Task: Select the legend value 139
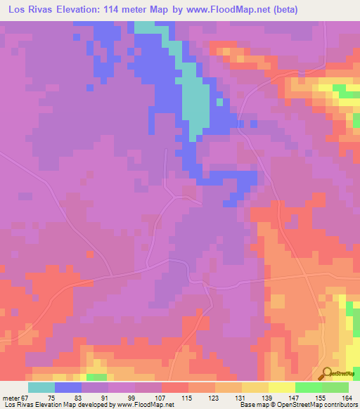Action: tap(267, 398)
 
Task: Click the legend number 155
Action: tap(321, 398)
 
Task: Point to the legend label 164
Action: tap(347, 398)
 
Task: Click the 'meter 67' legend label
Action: tap(15, 398)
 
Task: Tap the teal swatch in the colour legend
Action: tap(41, 387)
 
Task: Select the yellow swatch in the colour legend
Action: tap(281, 387)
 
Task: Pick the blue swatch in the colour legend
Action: tap(68, 387)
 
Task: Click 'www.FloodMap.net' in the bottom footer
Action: tap(143, 405)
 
